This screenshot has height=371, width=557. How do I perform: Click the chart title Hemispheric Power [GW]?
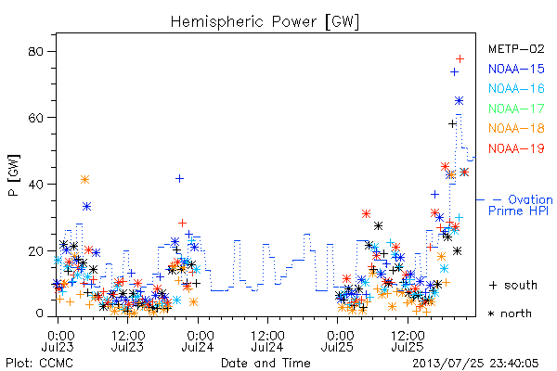(265, 22)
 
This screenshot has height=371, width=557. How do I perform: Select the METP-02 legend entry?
(516, 48)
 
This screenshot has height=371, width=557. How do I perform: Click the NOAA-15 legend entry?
(516, 69)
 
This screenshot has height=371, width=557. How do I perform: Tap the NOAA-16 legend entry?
(516, 88)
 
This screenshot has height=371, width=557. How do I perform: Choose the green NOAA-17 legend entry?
(516, 109)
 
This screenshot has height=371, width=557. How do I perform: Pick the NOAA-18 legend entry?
(516, 128)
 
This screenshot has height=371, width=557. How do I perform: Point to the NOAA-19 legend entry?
(516, 148)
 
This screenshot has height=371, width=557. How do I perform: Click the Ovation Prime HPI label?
(520, 205)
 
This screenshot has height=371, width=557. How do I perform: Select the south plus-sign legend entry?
(513, 285)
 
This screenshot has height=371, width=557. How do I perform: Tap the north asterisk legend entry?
(510, 313)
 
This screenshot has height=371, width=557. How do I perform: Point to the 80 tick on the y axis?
(35, 52)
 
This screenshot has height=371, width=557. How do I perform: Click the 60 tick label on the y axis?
(35, 118)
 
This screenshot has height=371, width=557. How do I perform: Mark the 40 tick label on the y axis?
(35, 185)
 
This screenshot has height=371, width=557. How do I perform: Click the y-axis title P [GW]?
(14, 175)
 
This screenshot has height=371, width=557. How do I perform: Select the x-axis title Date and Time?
(266, 363)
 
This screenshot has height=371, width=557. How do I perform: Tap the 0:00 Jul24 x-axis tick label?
(198, 340)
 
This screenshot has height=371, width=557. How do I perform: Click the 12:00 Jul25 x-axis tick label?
(408, 340)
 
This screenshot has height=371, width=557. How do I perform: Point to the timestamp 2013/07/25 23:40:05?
(475, 364)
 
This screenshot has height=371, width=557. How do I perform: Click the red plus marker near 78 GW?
(460, 59)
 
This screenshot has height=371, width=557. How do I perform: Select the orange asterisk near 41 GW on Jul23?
(84, 180)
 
